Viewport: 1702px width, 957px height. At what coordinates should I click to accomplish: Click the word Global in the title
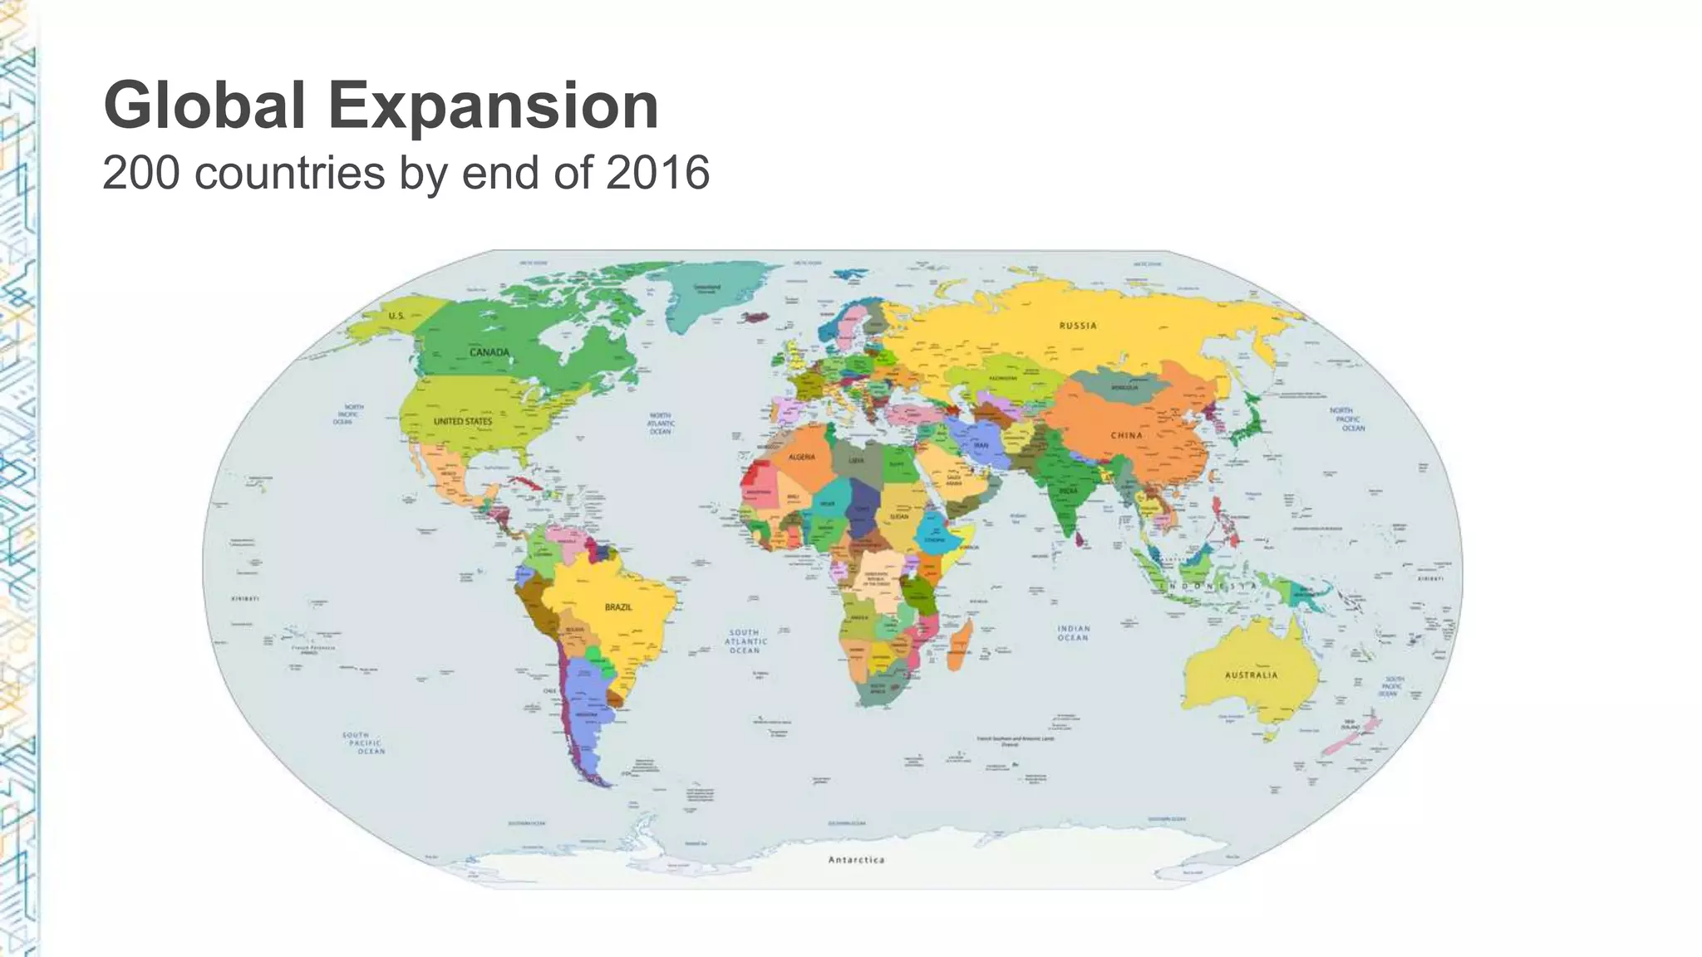204,106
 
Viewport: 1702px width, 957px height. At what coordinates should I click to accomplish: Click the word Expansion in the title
494,106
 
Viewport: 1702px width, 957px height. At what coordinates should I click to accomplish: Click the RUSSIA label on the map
1078,326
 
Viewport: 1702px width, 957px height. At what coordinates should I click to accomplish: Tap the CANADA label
489,352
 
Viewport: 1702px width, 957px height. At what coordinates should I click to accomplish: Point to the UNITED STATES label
463,421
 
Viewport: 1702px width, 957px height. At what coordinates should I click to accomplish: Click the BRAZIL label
618,607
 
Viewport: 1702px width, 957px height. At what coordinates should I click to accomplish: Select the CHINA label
1127,435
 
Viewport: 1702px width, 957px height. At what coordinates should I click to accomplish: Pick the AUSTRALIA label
1251,675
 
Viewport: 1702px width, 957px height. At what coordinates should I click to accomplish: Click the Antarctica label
856,860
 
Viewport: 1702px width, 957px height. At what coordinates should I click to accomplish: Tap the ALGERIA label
802,457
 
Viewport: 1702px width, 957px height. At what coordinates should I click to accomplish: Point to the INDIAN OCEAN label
1073,633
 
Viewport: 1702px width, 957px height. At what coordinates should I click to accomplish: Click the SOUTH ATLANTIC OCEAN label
745,641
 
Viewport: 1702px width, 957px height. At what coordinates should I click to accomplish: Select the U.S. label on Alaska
396,316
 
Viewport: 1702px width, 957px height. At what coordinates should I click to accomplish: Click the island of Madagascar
961,645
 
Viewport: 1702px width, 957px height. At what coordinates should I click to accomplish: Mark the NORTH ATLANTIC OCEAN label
661,424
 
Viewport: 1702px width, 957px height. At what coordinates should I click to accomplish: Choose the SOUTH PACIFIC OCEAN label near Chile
364,743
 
